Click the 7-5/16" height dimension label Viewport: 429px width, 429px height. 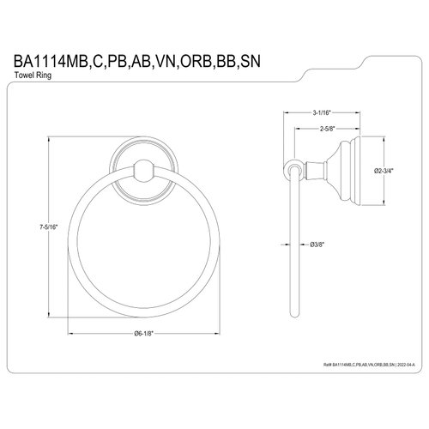tap(33, 226)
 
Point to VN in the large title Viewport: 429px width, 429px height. tap(205, 60)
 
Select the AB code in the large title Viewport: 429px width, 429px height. tap(174, 60)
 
